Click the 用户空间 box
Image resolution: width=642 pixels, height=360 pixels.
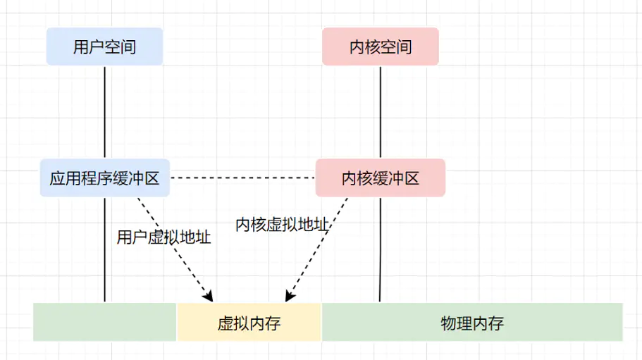104,47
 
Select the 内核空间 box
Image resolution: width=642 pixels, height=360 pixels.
381,47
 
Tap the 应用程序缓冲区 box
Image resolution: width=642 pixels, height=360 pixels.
104,178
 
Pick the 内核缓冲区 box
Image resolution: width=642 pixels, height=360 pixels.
381,178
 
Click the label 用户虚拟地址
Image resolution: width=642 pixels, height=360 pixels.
163,237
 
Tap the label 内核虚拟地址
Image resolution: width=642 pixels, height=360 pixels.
282,225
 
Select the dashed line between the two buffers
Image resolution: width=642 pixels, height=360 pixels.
243,178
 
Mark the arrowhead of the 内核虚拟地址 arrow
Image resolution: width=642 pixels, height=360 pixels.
288,298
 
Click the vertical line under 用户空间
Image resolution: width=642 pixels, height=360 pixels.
104,113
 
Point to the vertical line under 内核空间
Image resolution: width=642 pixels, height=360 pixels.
381,113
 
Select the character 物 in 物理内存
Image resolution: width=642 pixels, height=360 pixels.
449,323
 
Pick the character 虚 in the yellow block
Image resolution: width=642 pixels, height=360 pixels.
226,323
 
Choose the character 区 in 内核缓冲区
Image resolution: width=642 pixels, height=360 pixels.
412,178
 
